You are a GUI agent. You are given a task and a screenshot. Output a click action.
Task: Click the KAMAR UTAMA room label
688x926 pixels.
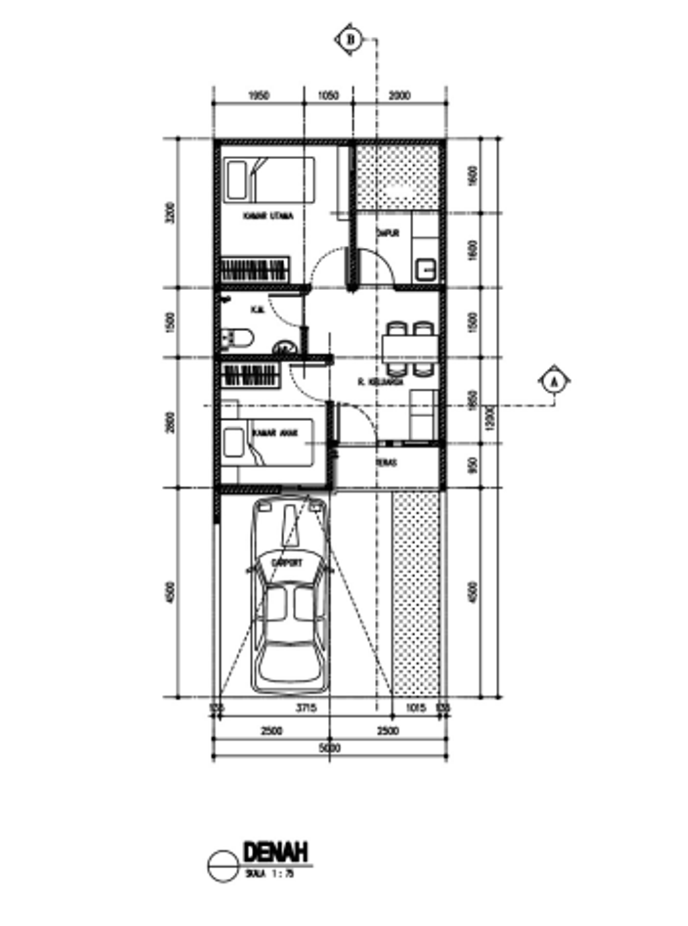click(267, 217)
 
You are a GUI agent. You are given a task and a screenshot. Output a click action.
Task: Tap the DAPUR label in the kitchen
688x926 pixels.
click(388, 234)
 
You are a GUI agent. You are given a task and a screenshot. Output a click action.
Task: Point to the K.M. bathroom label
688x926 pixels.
click(257, 310)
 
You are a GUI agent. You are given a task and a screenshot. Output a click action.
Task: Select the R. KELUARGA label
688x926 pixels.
click(380, 382)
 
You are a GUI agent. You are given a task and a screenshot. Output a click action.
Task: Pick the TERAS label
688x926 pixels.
click(386, 463)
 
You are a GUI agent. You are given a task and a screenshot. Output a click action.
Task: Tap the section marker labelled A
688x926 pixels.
click(554, 382)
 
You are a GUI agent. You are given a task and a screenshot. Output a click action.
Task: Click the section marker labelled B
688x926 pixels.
click(349, 40)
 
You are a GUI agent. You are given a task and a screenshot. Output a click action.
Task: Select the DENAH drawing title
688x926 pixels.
click(275, 852)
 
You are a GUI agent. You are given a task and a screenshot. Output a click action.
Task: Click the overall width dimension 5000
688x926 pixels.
click(329, 748)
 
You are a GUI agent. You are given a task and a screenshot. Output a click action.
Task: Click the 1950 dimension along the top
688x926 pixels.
click(259, 96)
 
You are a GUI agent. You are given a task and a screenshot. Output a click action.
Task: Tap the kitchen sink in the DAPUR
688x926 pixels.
click(425, 270)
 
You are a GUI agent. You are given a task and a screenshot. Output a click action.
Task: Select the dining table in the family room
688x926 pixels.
click(409, 349)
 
